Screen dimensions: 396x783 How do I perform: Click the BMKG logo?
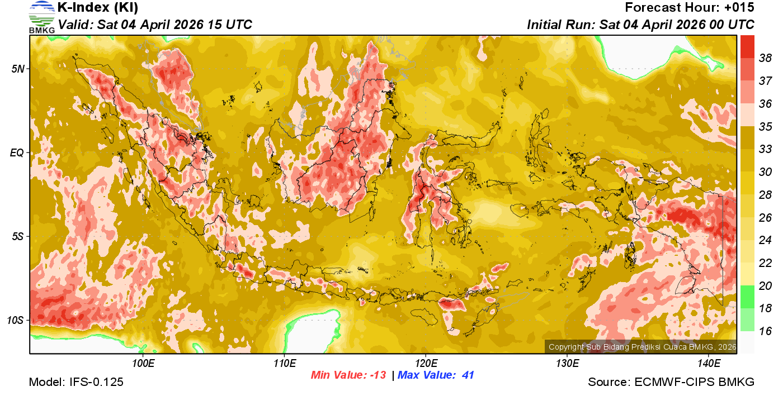tap(42, 17)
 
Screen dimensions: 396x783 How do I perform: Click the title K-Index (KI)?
tap(98, 8)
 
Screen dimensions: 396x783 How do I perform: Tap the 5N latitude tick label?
tap(17, 69)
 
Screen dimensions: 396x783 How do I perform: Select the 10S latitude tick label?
tap(15, 320)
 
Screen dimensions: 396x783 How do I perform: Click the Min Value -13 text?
tap(348, 375)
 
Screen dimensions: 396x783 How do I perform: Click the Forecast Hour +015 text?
tap(690, 8)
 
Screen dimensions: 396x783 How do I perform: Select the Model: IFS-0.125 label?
tap(76, 383)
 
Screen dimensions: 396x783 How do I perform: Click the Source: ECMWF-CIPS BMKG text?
tap(671, 383)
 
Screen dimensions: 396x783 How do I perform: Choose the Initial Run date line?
tap(640, 25)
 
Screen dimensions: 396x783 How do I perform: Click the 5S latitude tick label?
tap(17, 236)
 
